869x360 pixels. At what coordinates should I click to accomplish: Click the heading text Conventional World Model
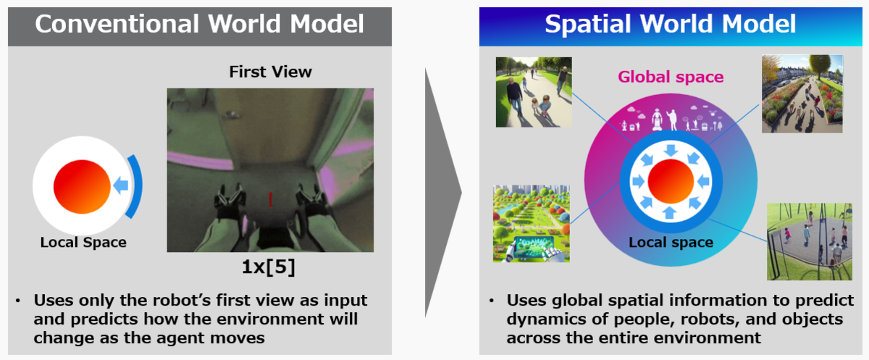pos(199,24)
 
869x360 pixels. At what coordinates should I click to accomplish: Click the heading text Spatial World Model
pos(671,24)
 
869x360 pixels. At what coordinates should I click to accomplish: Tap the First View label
pos(270,72)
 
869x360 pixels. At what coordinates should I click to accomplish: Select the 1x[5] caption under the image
pos(269,267)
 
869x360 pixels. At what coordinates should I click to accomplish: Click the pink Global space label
pos(671,77)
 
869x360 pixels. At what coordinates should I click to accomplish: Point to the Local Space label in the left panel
pos(83,242)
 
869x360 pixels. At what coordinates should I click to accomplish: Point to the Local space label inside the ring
pos(671,242)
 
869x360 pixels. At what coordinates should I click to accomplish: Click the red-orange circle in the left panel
pos(82,187)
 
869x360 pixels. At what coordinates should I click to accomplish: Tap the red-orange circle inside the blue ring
pos(671,181)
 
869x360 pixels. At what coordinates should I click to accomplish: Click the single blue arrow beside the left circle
pos(121,185)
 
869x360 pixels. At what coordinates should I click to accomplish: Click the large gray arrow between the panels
pos(443,193)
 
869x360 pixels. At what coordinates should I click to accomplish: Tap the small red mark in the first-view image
pos(270,199)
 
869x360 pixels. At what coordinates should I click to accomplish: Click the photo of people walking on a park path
pos(534,92)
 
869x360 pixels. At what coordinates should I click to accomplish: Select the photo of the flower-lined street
pos(802,94)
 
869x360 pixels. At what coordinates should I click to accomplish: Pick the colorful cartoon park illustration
pos(531,223)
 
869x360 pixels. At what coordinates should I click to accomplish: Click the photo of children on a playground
pos(810,241)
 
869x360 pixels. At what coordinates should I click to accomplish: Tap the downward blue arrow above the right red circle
pos(671,150)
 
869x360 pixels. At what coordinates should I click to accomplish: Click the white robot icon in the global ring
pos(657,120)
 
